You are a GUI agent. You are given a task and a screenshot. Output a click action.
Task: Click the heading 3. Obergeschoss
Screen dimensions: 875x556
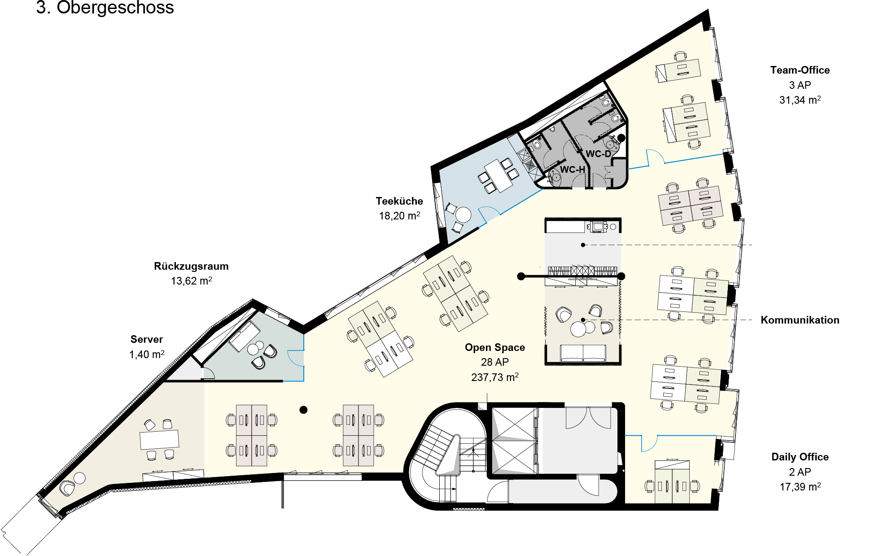105,8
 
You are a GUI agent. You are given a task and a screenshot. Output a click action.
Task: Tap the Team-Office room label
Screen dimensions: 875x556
800,70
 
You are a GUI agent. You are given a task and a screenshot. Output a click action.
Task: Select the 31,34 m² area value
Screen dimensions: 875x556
800,100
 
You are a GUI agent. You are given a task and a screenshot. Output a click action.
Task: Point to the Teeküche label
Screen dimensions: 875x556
399,201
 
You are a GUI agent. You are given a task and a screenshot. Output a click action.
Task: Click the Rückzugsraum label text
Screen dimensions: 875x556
191,267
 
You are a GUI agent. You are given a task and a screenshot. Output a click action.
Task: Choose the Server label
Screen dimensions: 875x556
147,339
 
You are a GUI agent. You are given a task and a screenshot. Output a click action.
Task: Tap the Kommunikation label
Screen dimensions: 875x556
800,320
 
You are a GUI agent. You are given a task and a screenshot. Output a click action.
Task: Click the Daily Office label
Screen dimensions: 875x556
800,457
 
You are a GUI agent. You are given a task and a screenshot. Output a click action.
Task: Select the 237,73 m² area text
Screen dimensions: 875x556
494,377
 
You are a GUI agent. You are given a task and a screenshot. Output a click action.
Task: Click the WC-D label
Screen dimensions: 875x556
598,154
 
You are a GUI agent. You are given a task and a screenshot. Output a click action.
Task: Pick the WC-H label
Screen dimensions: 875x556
573,170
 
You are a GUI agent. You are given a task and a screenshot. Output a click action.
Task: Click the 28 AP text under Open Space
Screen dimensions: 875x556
494,362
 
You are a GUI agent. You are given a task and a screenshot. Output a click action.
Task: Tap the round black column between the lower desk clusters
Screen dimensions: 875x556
303,410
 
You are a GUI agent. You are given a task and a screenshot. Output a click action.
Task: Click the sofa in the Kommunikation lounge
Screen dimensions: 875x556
583,353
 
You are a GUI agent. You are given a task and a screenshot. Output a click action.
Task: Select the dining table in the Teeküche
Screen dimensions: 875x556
499,175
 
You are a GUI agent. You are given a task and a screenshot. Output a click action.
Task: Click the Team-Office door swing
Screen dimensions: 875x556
656,157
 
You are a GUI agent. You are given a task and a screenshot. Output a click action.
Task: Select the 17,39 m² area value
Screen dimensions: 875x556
800,487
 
